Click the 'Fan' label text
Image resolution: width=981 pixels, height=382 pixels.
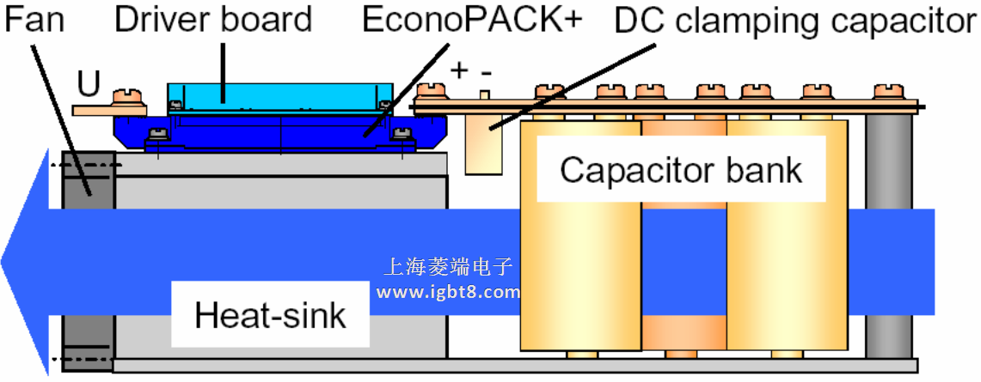click(x=34, y=19)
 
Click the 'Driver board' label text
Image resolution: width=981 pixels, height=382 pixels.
click(x=212, y=19)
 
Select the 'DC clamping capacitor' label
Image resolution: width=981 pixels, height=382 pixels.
click(x=795, y=21)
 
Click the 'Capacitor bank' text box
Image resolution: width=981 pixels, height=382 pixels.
click(x=681, y=170)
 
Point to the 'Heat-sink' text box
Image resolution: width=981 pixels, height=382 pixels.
click(x=270, y=315)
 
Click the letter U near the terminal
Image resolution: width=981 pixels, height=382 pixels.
click(x=89, y=83)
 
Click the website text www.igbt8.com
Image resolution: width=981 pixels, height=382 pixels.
click(x=448, y=292)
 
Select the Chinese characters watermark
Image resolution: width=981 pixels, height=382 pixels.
click(x=448, y=268)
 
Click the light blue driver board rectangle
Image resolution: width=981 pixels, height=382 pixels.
click(x=279, y=95)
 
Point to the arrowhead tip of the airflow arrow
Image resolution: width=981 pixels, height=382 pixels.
click(x=4, y=258)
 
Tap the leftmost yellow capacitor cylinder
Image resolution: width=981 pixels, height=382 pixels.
click(x=580, y=258)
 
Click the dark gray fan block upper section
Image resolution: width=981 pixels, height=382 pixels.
click(x=89, y=180)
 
